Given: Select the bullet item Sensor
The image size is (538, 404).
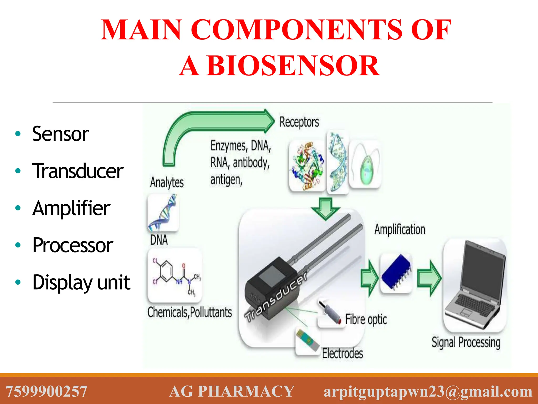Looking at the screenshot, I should click(60, 134).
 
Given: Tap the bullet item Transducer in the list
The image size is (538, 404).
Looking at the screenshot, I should click(78, 171).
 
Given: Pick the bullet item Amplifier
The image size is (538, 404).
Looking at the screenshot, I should click(71, 208).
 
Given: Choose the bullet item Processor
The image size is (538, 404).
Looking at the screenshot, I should click(73, 245).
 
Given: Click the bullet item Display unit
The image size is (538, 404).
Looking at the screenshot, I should click(81, 282).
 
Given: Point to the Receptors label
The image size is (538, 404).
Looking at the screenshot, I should click(299, 122).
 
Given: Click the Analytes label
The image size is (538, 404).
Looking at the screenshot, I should click(167, 182).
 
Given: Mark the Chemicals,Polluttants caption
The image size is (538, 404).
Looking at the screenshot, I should click(189, 312).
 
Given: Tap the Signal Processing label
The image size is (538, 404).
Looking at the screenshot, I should click(466, 342).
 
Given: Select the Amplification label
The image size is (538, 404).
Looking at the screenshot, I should click(400, 229).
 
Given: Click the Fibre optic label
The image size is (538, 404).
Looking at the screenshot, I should click(366, 320).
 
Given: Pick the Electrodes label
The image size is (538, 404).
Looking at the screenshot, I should click(342, 353).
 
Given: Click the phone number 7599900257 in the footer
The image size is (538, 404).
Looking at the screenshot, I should click(46, 391).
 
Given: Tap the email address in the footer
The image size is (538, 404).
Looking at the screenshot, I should click(428, 391).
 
